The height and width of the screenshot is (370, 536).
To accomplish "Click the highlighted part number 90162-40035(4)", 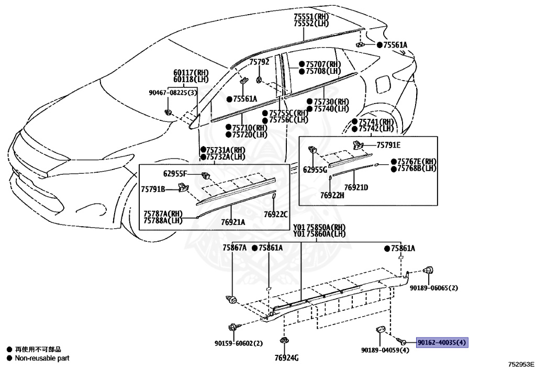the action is [x=442, y=342].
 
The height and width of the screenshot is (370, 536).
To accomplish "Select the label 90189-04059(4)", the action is [x=385, y=350].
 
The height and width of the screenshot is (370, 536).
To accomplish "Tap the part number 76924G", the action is [x=286, y=357].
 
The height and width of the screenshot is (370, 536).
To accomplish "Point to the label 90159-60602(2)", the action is [x=239, y=343].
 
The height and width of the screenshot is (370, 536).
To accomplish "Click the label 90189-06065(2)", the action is [x=434, y=288].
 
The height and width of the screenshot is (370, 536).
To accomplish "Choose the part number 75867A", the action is [x=234, y=248].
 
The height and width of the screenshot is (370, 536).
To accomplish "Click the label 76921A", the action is [x=233, y=222].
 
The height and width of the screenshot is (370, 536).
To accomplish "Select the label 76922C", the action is [x=275, y=214].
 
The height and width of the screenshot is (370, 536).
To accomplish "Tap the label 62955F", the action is [x=175, y=174].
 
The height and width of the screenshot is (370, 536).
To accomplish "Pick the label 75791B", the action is [x=153, y=188].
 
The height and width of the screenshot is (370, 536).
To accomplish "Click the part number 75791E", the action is [x=388, y=145].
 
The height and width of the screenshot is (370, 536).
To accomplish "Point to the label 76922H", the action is [x=332, y=195].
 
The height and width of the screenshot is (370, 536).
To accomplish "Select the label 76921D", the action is [x=356, y=187].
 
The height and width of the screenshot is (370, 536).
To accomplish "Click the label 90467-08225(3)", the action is [x=173, y=93].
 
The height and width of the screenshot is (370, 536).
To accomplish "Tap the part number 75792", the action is [x=259, y=62].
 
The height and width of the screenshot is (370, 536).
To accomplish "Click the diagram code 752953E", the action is [x=521, y=364].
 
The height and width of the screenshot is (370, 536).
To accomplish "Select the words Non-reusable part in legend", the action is [x=42, y=358].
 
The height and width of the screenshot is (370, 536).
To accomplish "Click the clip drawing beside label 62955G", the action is [x=313, y=150].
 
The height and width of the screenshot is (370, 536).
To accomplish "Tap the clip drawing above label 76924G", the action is [x=283, y=340].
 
